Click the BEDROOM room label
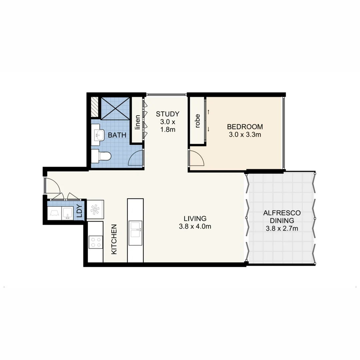(x=245, y=127)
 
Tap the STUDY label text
(x=168, y=114)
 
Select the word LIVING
(x=195, y=219)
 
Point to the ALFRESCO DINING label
(x=282, y=216)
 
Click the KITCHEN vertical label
(x=114, y=239)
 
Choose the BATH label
(x=117, y=135)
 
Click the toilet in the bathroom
(x=101, y=156)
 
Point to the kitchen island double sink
(x=135, y=227)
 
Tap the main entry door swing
(x=52, y=185)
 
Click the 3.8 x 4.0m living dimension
(x=195, y=227)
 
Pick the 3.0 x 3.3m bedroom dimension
(x=245, y=135)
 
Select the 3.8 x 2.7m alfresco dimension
(x=282, y=228)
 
